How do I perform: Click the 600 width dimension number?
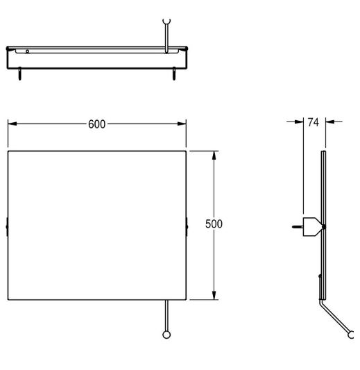click(x=96, y=124)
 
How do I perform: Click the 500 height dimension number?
click(x=214, y=224)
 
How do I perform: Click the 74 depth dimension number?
click(x=313, y=122)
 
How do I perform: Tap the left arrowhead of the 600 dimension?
click(x=12, y=124)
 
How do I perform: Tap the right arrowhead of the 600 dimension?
click(x=182, y=124)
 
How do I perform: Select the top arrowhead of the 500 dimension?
click(x=214, y=155)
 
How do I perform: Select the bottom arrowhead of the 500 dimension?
click(x=214, y=296)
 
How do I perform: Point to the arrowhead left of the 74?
click(x=299, y=121)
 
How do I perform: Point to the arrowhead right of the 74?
click(x=330, y=121)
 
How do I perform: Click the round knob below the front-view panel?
click(x=166, y=335)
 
